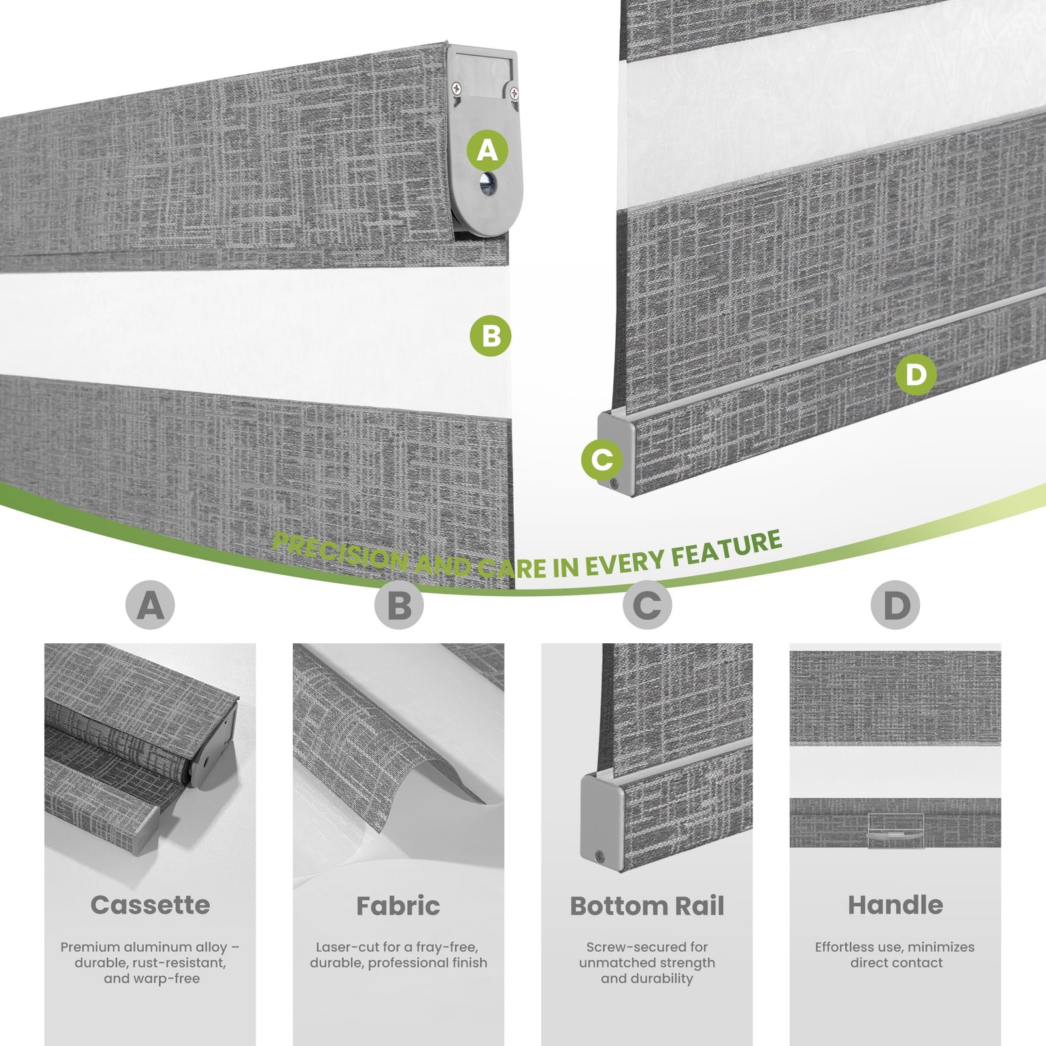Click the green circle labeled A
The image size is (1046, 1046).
pyautogui.click(x=488, y=150)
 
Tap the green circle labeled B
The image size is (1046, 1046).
pyautogui.click(x=490, y=336)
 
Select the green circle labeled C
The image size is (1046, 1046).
pyautogui.click(x=602, y=459)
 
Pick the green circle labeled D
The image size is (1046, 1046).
pyautogui.click(x=916, y=375)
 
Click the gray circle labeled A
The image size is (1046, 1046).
pyautogui.click(x=150, y=605)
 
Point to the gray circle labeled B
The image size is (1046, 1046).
pyautogui.click(x=399, y=605)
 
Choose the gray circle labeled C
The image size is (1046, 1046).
pyautogui.click(x=647, y=605)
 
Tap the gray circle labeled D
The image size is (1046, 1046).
pyautogui.click(x=896, y=605)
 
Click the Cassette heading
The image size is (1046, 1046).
pyautogui.click(x=150, y=905)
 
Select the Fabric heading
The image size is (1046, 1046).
pyautogui.click(x=398, y=905)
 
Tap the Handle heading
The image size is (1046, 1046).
pyautogui.click(x=896, y=905)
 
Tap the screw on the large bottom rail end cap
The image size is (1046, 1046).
pyautogui.click(x=615, y=484)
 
